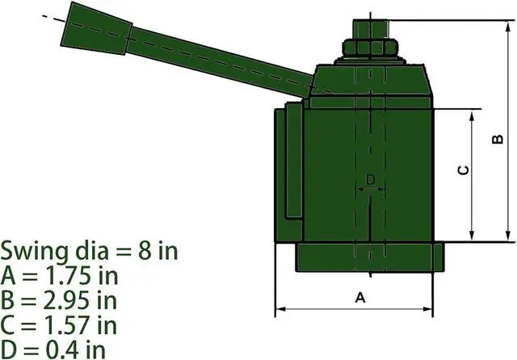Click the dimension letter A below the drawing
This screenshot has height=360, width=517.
pos(360,298)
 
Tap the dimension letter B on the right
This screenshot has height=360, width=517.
pos(498,139)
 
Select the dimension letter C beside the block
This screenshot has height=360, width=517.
pos(464,170)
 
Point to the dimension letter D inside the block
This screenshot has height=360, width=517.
pos(370,179)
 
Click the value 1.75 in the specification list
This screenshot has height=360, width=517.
pos(68,275)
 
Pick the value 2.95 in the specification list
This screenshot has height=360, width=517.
pos(66,300)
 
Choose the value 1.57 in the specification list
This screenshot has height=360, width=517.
pos(67,324)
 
